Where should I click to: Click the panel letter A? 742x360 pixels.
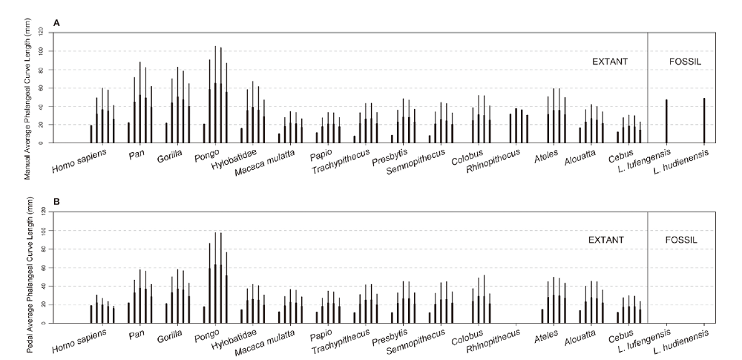56,24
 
